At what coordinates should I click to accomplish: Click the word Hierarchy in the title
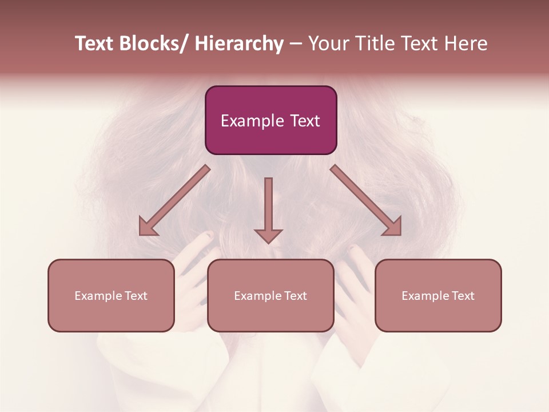pos(238,44)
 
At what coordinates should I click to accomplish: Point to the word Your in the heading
pos(328,44)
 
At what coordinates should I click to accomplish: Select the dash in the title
pos(295,44)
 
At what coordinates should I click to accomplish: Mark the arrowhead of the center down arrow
pos(268,236)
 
